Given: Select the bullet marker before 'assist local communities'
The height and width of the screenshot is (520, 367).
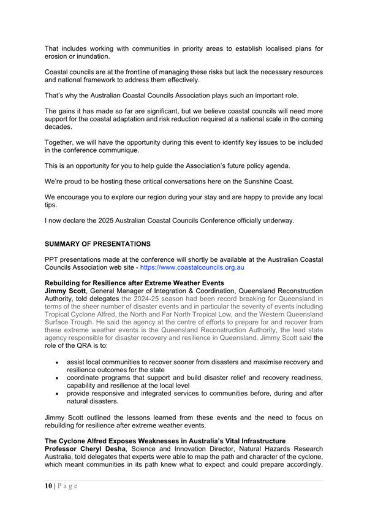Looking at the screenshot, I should [x=57, y=362].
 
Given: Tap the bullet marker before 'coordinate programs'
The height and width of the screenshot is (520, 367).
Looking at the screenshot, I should [x=57, y=378].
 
